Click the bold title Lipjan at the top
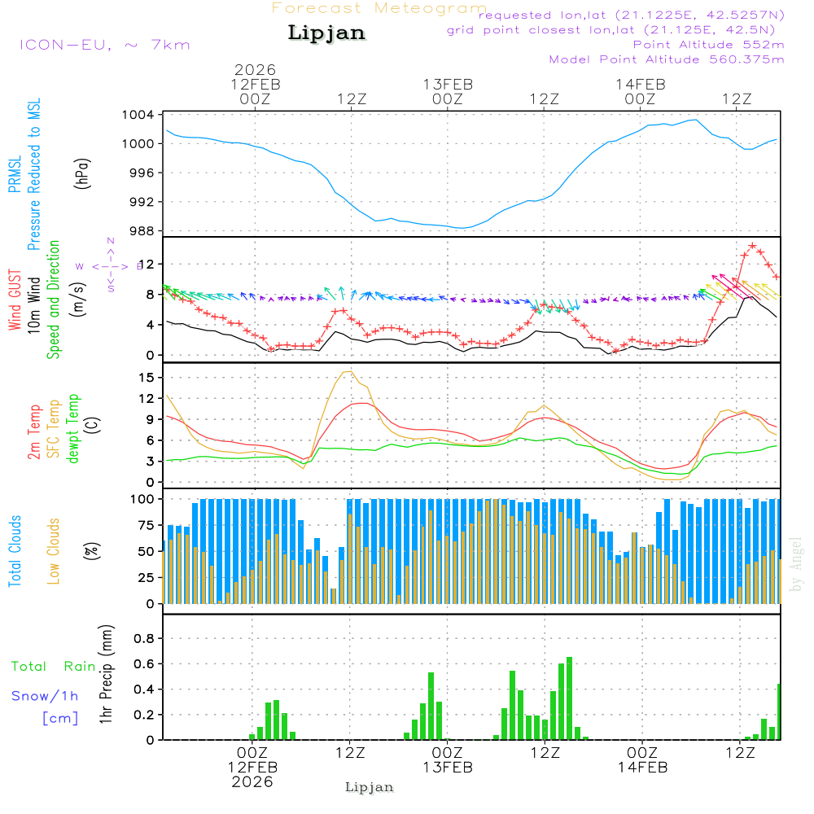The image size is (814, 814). [326, 33]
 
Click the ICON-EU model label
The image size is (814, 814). [104, 45]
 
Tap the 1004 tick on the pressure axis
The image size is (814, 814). [138, 115]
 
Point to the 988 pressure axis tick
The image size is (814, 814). [142, 230]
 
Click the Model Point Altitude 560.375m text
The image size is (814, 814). [667, 59]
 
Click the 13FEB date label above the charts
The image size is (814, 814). [448, 84]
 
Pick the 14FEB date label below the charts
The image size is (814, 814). [642, 767]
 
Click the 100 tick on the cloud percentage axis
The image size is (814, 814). [143, 498]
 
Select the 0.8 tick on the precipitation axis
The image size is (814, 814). [144, 638]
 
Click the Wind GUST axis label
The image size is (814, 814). [15, 302]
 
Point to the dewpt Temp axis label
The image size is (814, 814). [73, 429]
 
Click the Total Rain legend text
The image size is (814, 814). [53, 666]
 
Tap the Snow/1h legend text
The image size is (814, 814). [45, 696]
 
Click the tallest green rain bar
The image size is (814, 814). [569, 698]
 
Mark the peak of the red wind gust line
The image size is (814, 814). [752, 245]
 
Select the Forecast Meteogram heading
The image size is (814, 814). [379, 8]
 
